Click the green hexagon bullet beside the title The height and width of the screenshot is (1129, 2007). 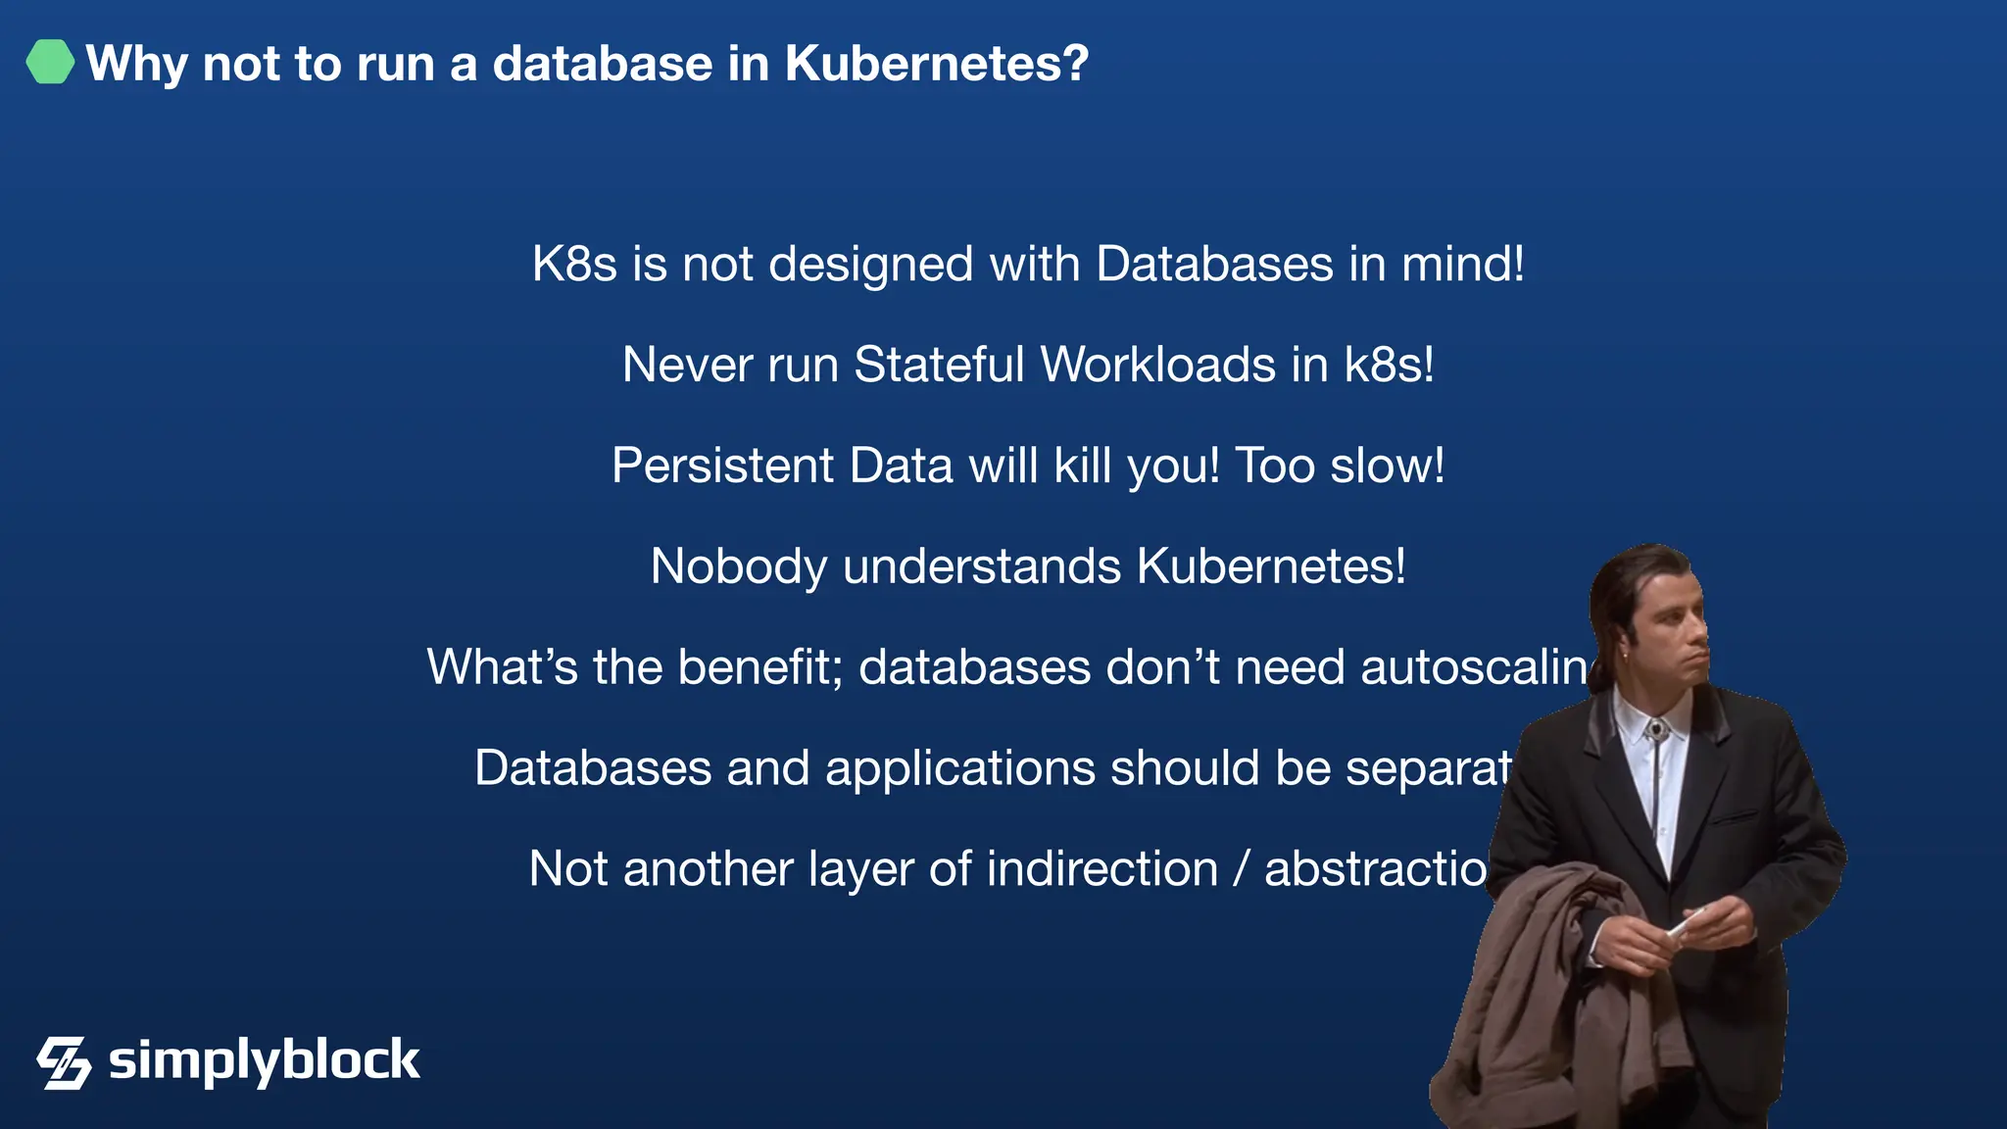[50, 62]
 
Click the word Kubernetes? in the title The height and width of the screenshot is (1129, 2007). [936, 64]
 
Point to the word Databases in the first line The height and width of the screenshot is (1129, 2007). [1214, 265]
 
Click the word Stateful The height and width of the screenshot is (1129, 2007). [939, 365]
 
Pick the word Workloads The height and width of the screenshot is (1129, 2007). [1157, 365]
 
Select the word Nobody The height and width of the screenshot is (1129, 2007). [738, 566]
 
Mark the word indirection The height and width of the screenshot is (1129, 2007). [1101, 869]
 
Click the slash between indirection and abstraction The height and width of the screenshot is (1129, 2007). [1242, 869]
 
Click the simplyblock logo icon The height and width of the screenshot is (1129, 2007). [64, 1062]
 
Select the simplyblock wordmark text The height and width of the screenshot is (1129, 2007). [264, 1061]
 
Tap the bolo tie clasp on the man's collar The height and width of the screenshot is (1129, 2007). [1655, 730]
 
